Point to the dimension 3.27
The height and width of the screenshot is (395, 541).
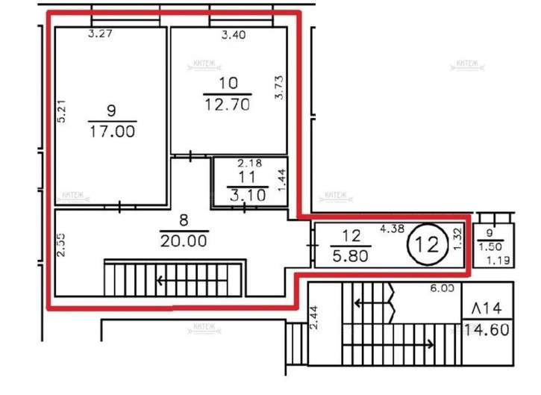[100, 33]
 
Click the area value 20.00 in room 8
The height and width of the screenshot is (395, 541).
[184, 242]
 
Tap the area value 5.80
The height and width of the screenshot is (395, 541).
[351, 253]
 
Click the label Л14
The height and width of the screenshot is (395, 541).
[485, 307]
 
